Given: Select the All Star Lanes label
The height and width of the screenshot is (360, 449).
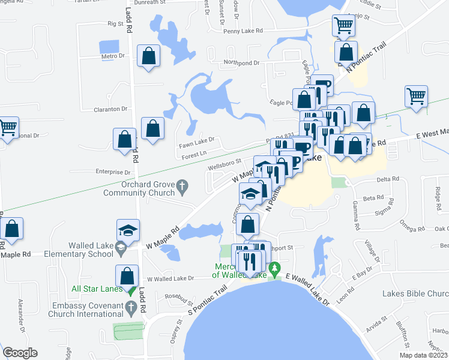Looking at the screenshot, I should click(97, 289).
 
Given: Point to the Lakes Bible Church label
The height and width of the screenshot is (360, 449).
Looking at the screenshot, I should click(415, 294).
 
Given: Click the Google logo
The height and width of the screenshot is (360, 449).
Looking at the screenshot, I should click(20, 352).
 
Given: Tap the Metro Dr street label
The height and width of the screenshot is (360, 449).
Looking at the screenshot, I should click(112, 56).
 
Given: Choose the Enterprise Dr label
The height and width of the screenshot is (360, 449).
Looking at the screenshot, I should click(113, 172).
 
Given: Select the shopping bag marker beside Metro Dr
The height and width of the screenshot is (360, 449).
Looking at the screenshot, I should click(148, 56).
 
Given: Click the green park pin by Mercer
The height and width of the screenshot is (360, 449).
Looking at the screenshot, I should click(275, 268).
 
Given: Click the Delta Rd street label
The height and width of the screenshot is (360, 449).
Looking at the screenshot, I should click(388, 179).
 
